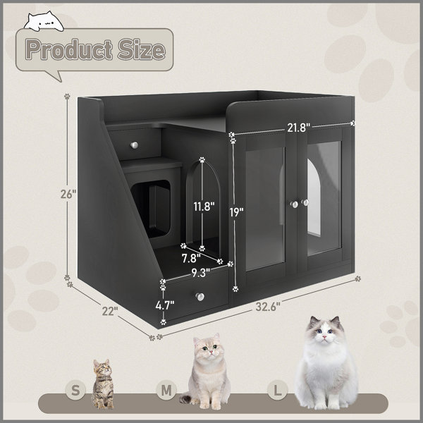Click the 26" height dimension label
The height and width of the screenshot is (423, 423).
tap(68, 194)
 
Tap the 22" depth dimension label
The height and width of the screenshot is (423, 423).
tap(110, 311)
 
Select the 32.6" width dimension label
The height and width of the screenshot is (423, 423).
tap(268, 307)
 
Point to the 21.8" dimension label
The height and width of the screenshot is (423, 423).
tap(299, 128)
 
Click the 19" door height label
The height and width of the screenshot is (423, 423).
tap(237, 212)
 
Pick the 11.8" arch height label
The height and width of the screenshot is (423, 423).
tap(204, 207)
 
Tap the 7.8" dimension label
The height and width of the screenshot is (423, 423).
tap(191, 259)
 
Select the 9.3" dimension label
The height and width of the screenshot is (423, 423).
tap(201, 273)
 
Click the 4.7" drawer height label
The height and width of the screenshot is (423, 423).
tap(165, 305)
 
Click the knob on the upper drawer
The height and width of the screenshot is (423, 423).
tap(135, 145)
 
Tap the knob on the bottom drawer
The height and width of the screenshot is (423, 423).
tap(200, 297)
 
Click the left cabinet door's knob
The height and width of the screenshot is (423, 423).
tap(295, 204)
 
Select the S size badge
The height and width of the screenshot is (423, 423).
tap(76, 390)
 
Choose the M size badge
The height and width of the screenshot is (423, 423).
tap(166, 390)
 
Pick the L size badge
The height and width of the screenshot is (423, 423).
tap(278, 390)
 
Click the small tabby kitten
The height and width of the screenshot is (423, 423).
tap(103, 384)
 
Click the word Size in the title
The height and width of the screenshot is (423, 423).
tap(141, 49)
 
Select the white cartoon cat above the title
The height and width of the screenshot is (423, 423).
tap(44, 22)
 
